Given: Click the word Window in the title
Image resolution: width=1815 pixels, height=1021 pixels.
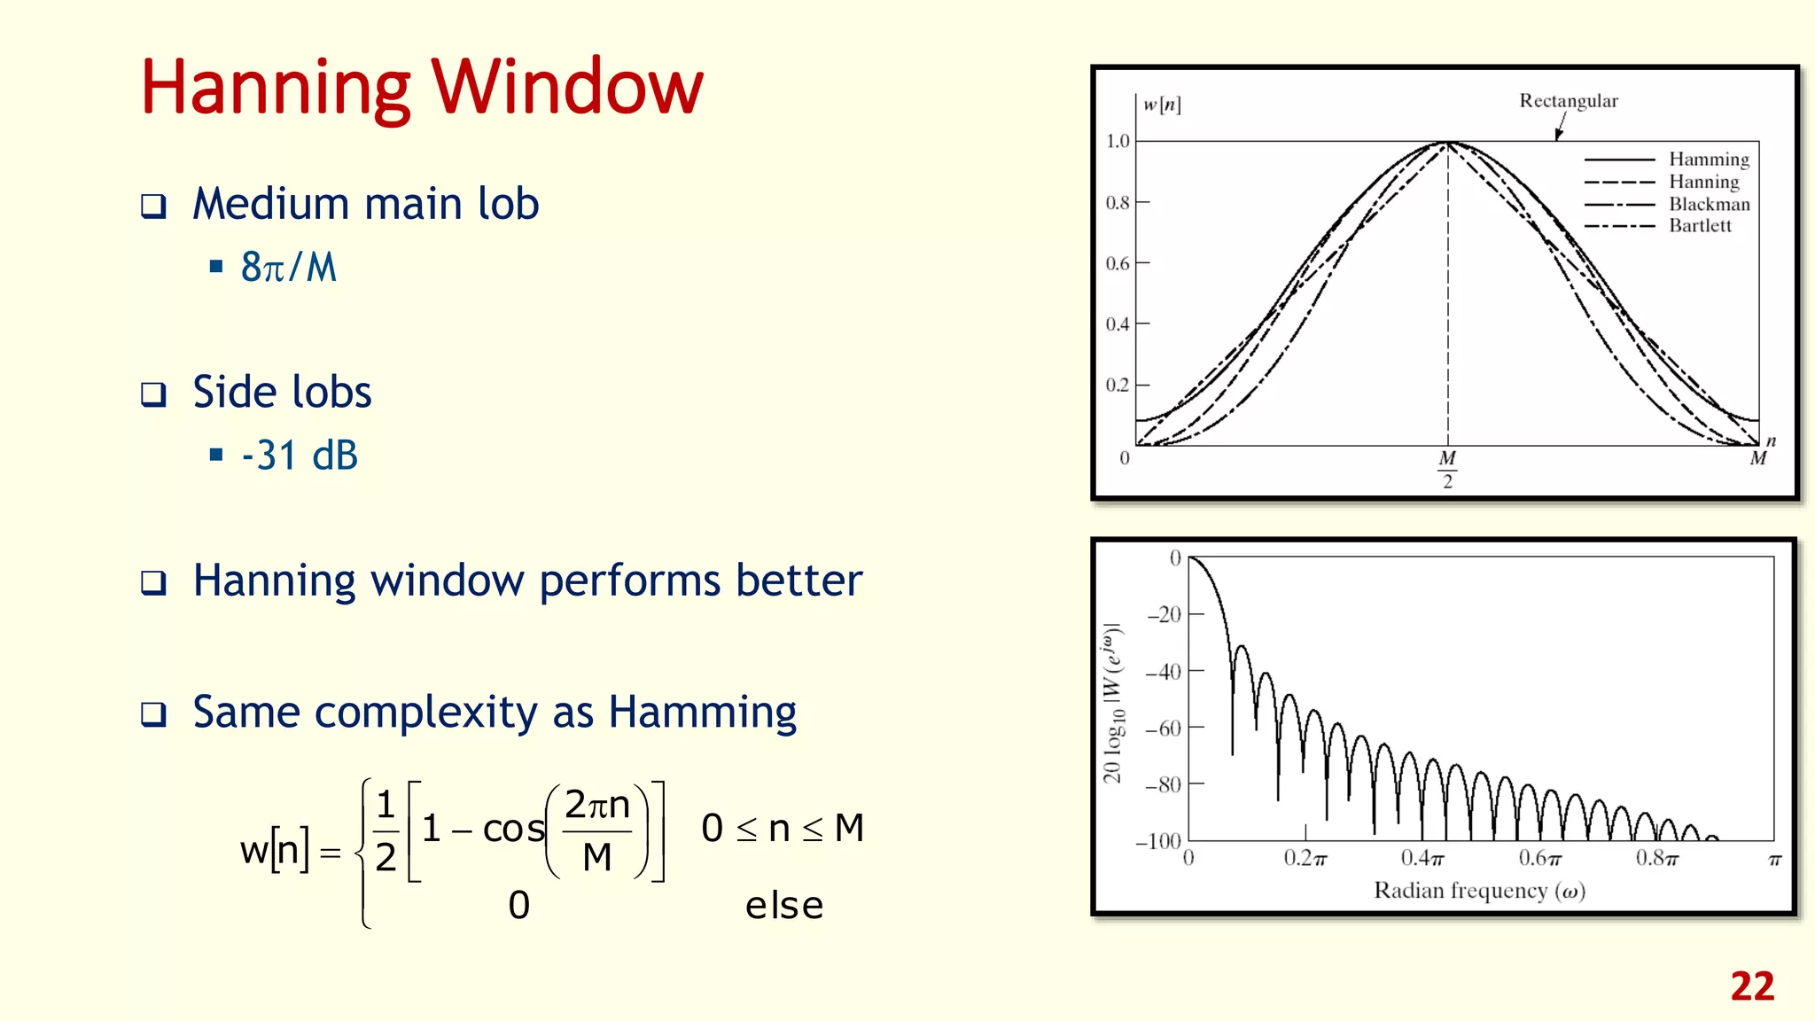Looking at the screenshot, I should pos(567,87).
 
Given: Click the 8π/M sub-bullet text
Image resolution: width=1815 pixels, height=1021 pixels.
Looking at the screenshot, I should pos(289,267).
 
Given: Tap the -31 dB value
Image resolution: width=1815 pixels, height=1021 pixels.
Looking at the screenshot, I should pos(300,456).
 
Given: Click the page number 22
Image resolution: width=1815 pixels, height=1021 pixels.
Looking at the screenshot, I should pos(1752,986).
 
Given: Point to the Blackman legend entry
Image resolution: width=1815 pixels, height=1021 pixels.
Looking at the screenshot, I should pos(1709,204).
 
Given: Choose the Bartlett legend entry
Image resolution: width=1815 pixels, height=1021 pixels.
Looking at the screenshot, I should pos(1699,226).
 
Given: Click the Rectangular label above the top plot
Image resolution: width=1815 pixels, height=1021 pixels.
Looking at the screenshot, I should pos(1568,101).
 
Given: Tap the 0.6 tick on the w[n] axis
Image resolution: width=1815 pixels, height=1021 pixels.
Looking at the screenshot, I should pos(1118,263).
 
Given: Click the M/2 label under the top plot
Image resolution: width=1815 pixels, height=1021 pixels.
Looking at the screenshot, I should pos(1447,470).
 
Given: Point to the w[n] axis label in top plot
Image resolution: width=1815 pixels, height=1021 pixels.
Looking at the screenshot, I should pos(1161,105).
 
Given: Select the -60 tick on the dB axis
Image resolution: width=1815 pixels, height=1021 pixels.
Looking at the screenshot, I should pos(1164,729).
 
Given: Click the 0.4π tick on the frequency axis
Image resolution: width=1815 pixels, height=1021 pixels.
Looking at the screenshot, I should pos(1422,858).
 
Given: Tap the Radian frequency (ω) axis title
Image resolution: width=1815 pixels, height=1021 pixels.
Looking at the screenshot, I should pos(1478,891).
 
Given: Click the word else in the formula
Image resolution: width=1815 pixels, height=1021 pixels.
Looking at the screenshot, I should pos(784,906).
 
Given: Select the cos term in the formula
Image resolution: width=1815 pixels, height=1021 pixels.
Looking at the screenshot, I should pos(513,829).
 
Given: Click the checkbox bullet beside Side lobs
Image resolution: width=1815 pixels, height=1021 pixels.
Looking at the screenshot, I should pos(154,394).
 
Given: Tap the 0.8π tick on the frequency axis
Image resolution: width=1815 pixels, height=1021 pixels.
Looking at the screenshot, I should pos(1656,858).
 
